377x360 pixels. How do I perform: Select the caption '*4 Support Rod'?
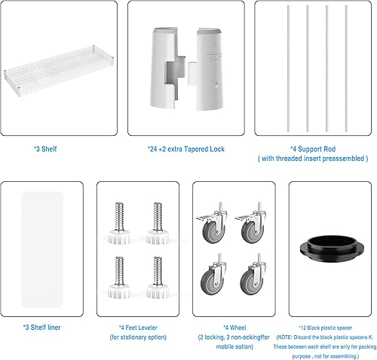click(x=314, y=149)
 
